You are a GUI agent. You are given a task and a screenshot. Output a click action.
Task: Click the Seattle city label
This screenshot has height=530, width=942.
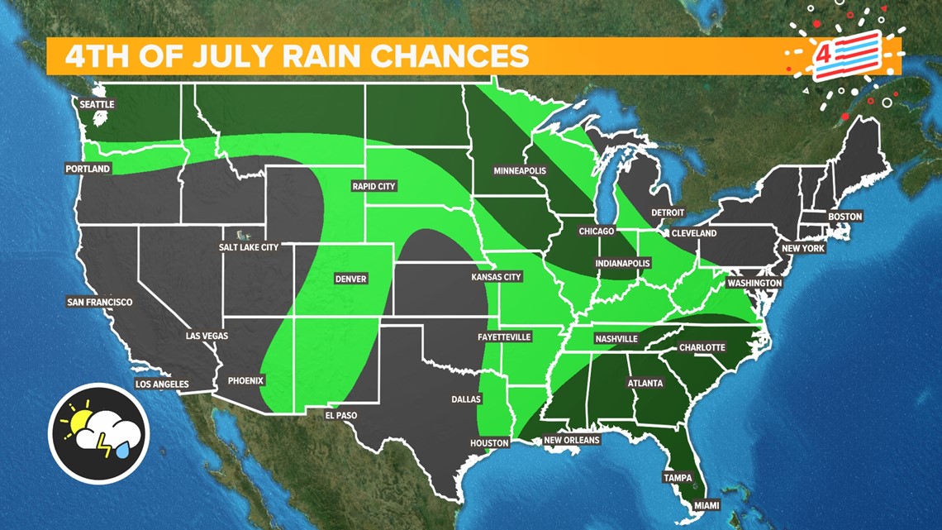97,105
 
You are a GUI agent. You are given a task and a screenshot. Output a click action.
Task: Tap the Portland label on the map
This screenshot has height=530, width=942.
88,169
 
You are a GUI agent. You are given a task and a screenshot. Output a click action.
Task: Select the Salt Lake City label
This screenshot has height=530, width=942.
249,246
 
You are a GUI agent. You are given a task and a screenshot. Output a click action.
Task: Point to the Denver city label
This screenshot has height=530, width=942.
350,279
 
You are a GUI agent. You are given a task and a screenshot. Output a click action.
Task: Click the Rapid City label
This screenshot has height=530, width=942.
373,186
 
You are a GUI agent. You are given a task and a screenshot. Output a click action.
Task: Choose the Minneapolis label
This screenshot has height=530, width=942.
520,170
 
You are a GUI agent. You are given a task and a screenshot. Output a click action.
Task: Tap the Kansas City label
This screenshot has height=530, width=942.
496,277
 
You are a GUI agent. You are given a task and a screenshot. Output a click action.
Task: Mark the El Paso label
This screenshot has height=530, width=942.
340,415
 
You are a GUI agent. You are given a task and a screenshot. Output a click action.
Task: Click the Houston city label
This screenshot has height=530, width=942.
489,443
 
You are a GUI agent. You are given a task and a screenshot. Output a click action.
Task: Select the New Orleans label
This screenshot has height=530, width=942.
571,440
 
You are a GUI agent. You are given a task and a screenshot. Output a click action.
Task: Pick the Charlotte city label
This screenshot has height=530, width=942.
702,347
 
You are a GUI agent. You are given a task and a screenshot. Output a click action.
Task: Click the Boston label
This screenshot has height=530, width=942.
844,217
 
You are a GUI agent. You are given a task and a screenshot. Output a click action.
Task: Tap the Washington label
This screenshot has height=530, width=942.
754,283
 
